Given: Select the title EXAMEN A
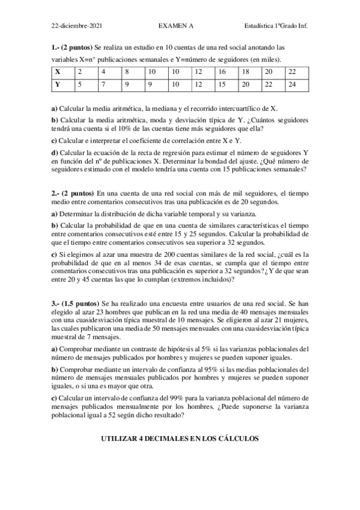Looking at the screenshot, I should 175,26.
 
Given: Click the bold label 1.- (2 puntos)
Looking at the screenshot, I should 72,46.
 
